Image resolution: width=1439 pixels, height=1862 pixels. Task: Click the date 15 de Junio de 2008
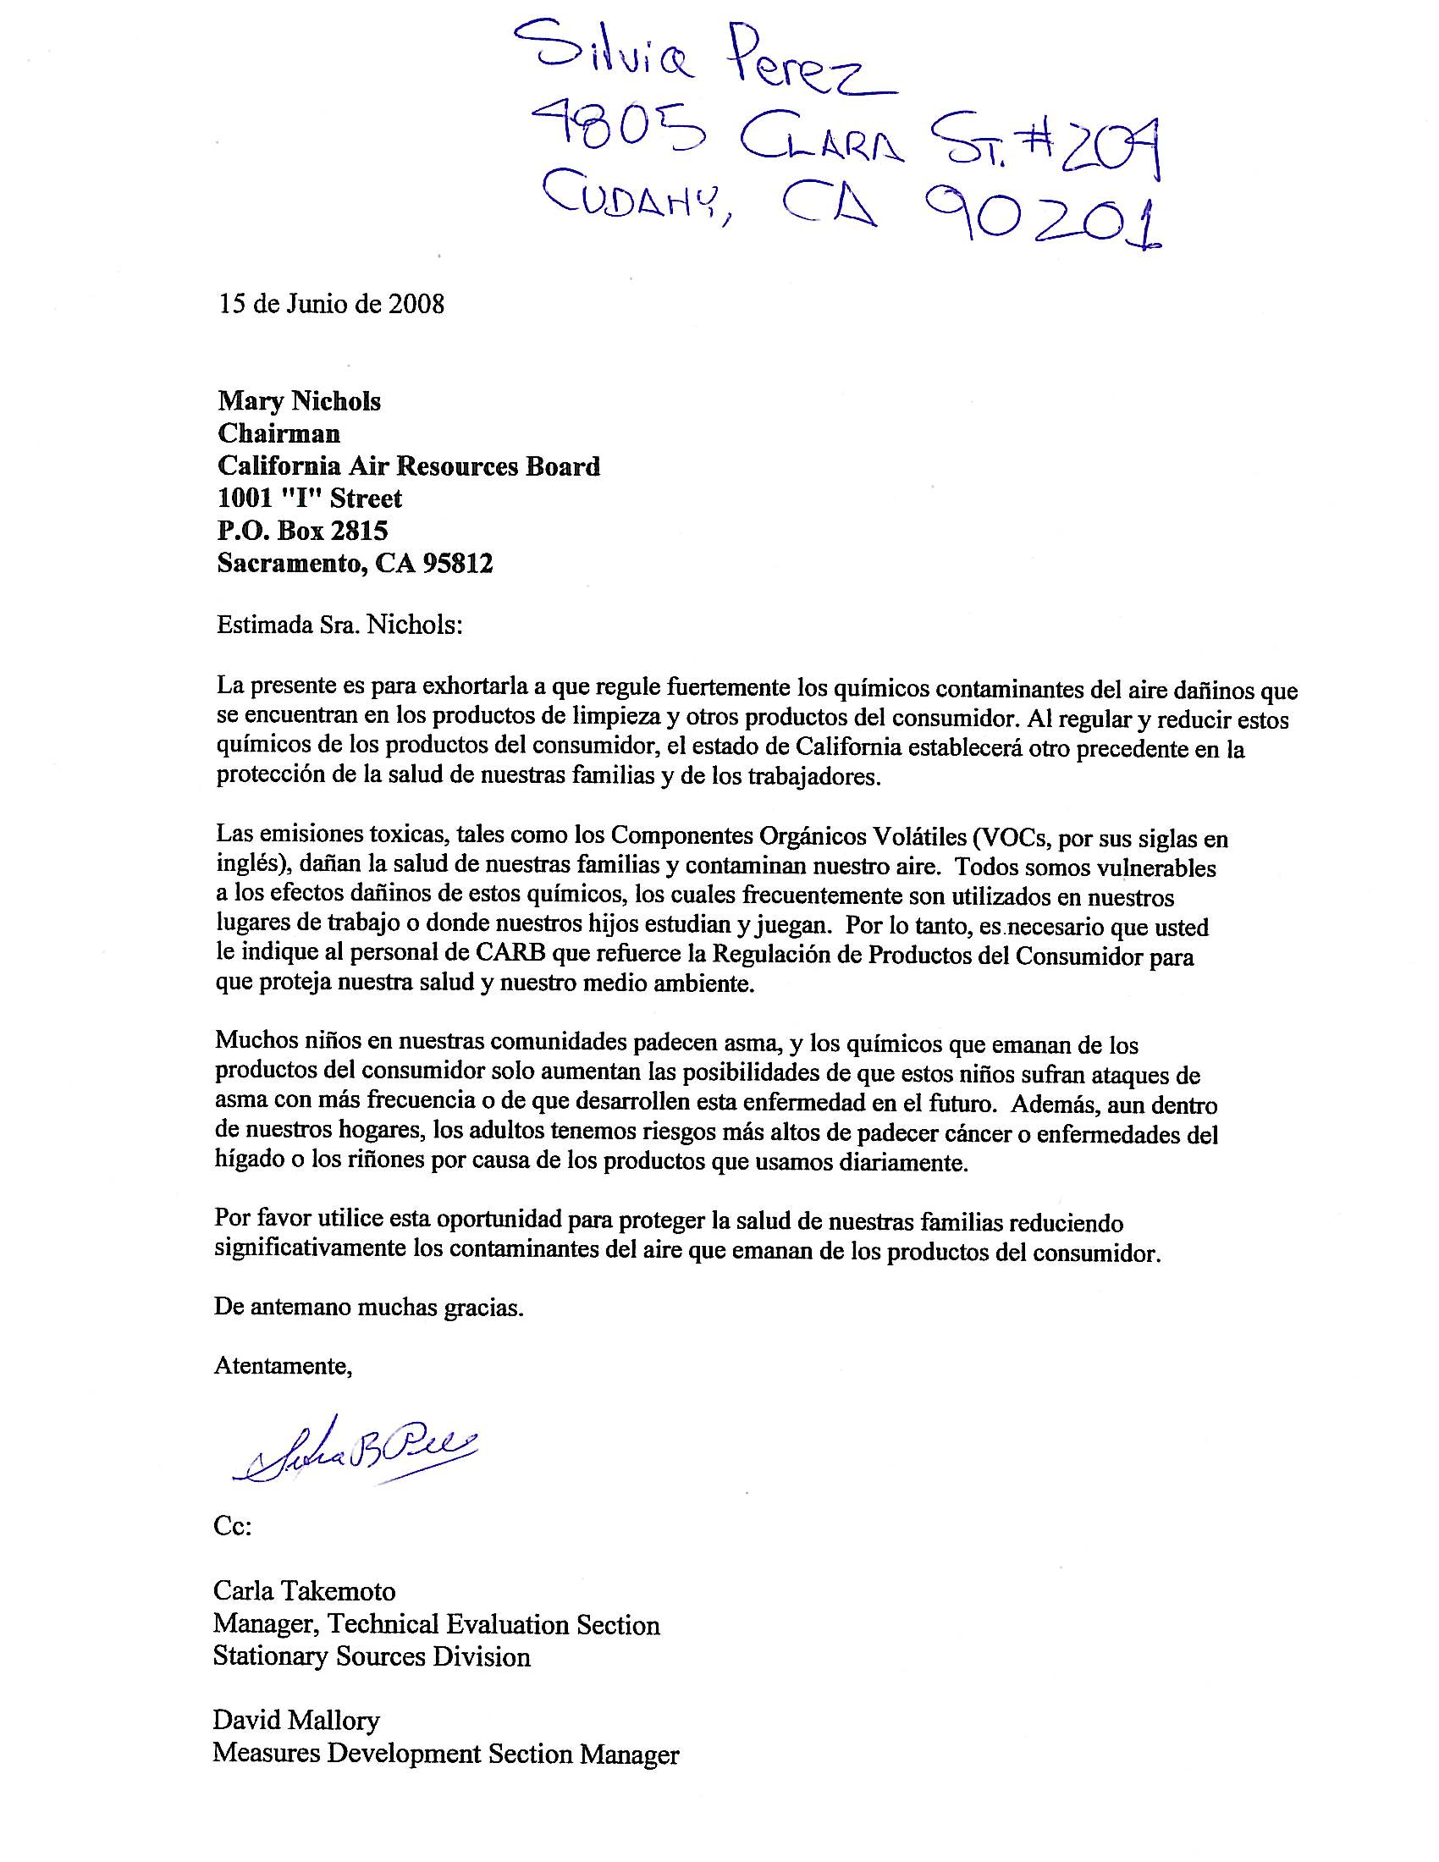pyautogui.click(x=332, y=305)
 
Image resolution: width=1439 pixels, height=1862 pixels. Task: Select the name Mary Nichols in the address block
pyautogui.click(x=299, y=400)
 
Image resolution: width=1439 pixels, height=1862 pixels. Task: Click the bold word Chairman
pyautogui.click(x=278, y=433)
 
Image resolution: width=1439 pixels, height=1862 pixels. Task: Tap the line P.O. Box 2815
pyautogui.click(x=303, y=531)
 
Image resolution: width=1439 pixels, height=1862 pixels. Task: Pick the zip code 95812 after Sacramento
pyautogui.click(x=458, y=563)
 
